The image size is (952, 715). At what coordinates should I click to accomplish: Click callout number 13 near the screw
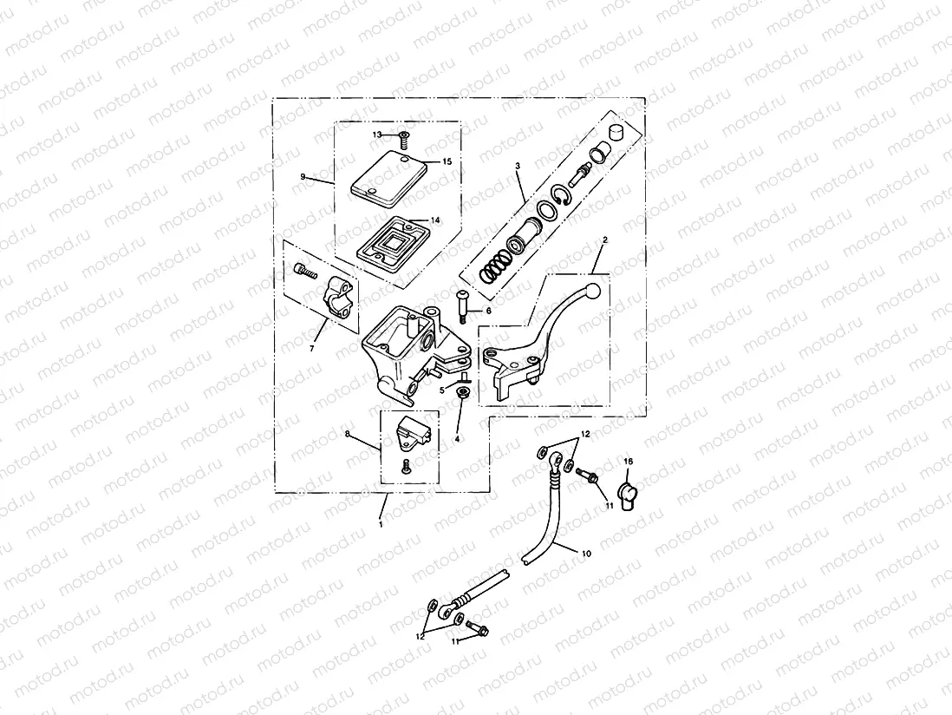click(377, 134)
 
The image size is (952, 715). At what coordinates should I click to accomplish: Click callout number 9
click(303, 176)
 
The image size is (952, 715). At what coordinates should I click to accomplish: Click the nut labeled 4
click(463, 392)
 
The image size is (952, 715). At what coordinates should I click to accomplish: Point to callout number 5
click(441, 390)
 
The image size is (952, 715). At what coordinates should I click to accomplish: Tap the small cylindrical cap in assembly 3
click(616, 133)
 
